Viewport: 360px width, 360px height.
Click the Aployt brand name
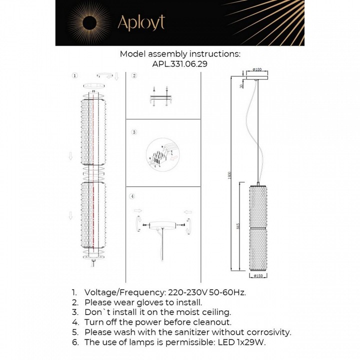(140, 22)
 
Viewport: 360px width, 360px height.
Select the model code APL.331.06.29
(179, 64)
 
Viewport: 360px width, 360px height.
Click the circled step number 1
(74, 76)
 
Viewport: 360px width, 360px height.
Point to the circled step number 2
(134, 76)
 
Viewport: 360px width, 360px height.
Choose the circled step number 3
(134, 132)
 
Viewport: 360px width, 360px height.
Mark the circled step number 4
(132, 196)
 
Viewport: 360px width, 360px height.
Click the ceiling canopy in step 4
(161, 224)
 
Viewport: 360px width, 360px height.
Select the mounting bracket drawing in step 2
(162, 97)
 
